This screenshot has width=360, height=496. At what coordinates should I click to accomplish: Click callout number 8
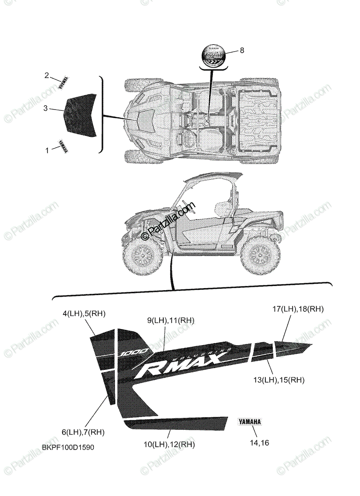coord(242,50)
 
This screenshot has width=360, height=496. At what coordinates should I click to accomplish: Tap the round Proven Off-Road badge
coord(214,56)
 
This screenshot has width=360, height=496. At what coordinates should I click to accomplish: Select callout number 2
coord(47,75)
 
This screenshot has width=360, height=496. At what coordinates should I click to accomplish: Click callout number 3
coord(46,108)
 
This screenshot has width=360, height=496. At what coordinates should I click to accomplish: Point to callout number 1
coord(47,150)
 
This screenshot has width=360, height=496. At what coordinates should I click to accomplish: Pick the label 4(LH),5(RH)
coord(84,314)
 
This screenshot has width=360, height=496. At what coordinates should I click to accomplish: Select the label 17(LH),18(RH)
coord(298,309)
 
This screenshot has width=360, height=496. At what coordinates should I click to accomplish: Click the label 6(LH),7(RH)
coord(83,432)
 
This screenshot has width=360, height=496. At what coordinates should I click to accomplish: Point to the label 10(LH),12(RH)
coord(169,444)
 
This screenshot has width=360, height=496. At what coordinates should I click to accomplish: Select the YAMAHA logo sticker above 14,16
coord(250,422)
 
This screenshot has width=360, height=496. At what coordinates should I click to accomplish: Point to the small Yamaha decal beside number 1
coord(63,146)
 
